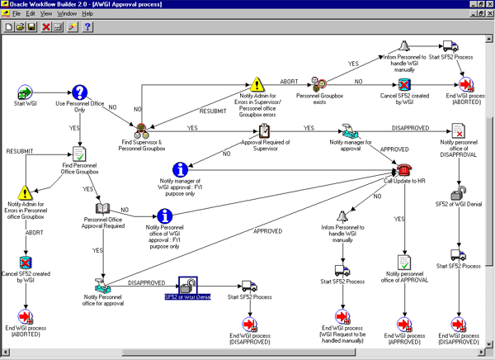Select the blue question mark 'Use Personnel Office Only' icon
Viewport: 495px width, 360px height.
(x=79, y=92)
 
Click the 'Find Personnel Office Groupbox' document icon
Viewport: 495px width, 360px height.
(x=79, y=154)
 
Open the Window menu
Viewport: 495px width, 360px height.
(x=67, y=14)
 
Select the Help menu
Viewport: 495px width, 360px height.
(x=87, y=14)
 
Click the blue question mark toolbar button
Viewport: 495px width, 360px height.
(x=87, y=27)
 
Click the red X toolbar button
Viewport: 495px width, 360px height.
(x=45, y=27)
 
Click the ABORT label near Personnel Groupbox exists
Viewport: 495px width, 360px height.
(x=289, y=82)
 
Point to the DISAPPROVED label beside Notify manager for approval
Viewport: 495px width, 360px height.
(x=410, y=128)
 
